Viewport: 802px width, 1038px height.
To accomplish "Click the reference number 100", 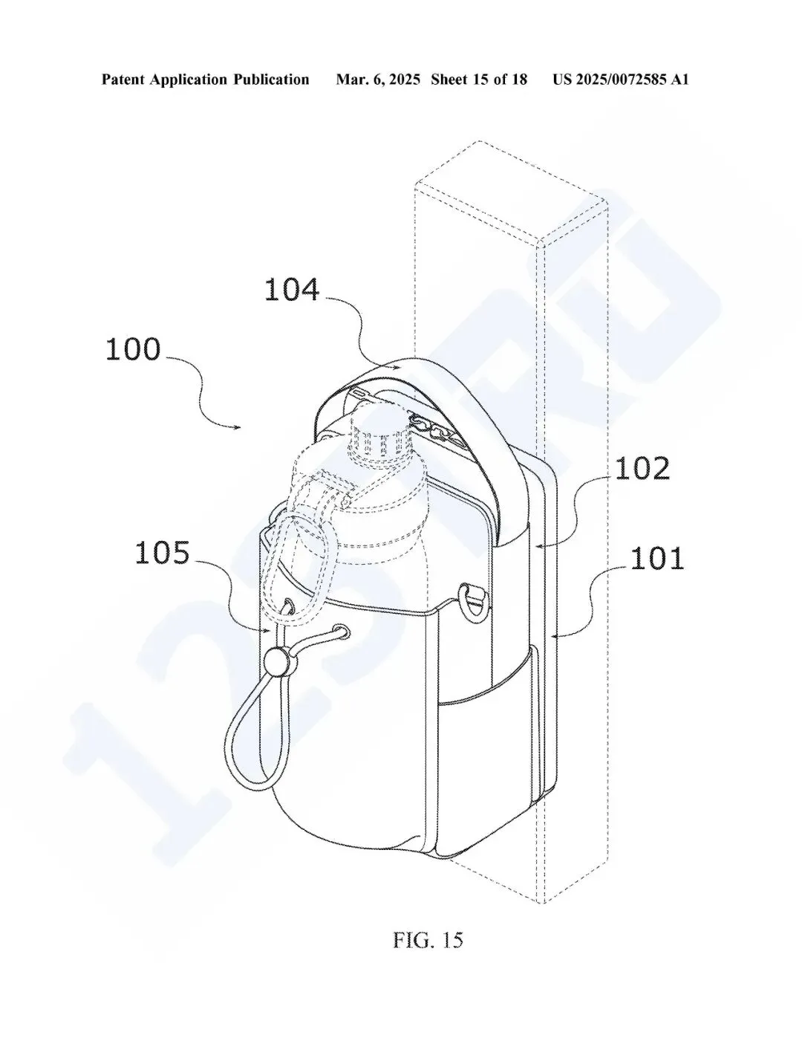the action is coord(133,349).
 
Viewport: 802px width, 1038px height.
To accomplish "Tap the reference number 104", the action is coord(292,290).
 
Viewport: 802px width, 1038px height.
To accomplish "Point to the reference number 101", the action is coord(657,559).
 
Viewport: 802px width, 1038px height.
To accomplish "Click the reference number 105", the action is coord(163,553).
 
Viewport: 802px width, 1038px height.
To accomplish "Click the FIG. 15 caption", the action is coord(428,940).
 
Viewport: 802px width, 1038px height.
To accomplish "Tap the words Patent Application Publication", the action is coord(205,80).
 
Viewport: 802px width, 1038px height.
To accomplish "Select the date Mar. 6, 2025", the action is coord(378,80).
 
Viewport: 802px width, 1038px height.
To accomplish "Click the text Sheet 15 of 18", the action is coord(479,80).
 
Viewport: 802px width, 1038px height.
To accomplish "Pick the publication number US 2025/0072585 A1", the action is coord(621,80).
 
